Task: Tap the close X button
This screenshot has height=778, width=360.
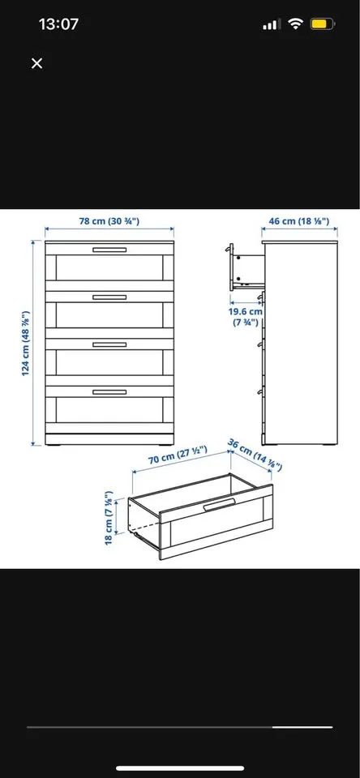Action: pos(36,63)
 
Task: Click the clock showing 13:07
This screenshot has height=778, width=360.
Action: pos(58,24)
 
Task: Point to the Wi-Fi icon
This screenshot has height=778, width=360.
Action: pos(295,24)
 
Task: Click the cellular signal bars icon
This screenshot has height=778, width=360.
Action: pos(270,25)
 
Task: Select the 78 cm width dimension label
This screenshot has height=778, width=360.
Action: pos(108,221)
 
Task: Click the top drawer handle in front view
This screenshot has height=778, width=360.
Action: pos(109,250)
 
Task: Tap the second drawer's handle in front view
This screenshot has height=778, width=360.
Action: pos(109,297)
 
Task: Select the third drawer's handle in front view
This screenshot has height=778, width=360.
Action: pos(109,344)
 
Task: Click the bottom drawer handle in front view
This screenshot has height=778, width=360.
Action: pos(109,391)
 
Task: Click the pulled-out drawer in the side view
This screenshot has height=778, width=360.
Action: pos(245,269)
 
